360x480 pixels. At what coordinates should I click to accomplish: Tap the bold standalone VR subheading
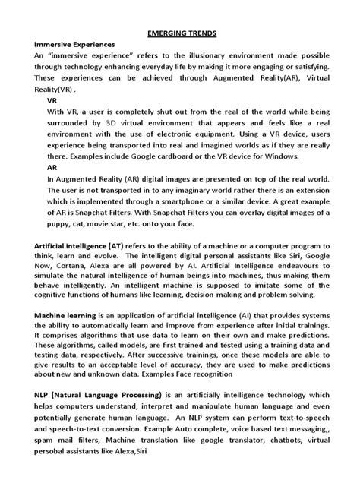tap(52, 100)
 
